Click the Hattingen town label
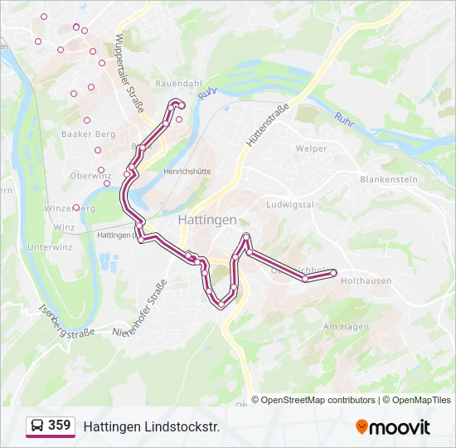click(x=206, y=220)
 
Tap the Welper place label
click(x=312, y=149)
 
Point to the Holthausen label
click(x=366, y=281)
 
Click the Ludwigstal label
click(x=289, y=204)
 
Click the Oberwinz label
click(x=90, y=176)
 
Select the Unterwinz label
click(x=50, y=247)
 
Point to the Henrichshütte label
click(x=187, y=172)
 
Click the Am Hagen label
click(x=346, y=327)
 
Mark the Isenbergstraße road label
click(x=67, y=322)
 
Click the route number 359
click(x=60, y=426)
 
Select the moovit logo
click(x=393, y=427)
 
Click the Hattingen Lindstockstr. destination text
click(x=151, y=426)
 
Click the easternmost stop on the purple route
click(x=333, y=272)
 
